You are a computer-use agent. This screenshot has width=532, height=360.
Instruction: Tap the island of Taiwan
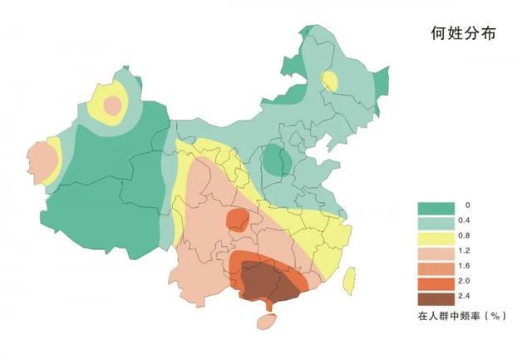[x=349, y=279]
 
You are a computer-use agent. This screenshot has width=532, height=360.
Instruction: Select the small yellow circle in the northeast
[x=330, y=81]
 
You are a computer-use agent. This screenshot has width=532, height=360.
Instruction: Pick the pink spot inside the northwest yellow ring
[x=112, y=106]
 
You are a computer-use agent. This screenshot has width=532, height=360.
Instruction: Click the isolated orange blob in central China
[x=237, y=220]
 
